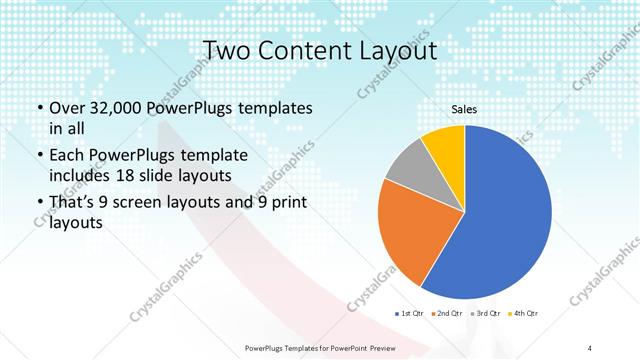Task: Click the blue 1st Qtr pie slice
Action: click(x=500, y=220)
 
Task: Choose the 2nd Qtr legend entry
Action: click(x=447, y=314)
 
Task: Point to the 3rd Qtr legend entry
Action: click(x=484, y=314)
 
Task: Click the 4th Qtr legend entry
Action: click(x=523, y=314)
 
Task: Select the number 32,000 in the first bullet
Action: click(x=114, y=107)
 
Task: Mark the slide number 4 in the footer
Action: click(x=590, y=347)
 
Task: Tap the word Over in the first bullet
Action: click(x=66, y=107)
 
